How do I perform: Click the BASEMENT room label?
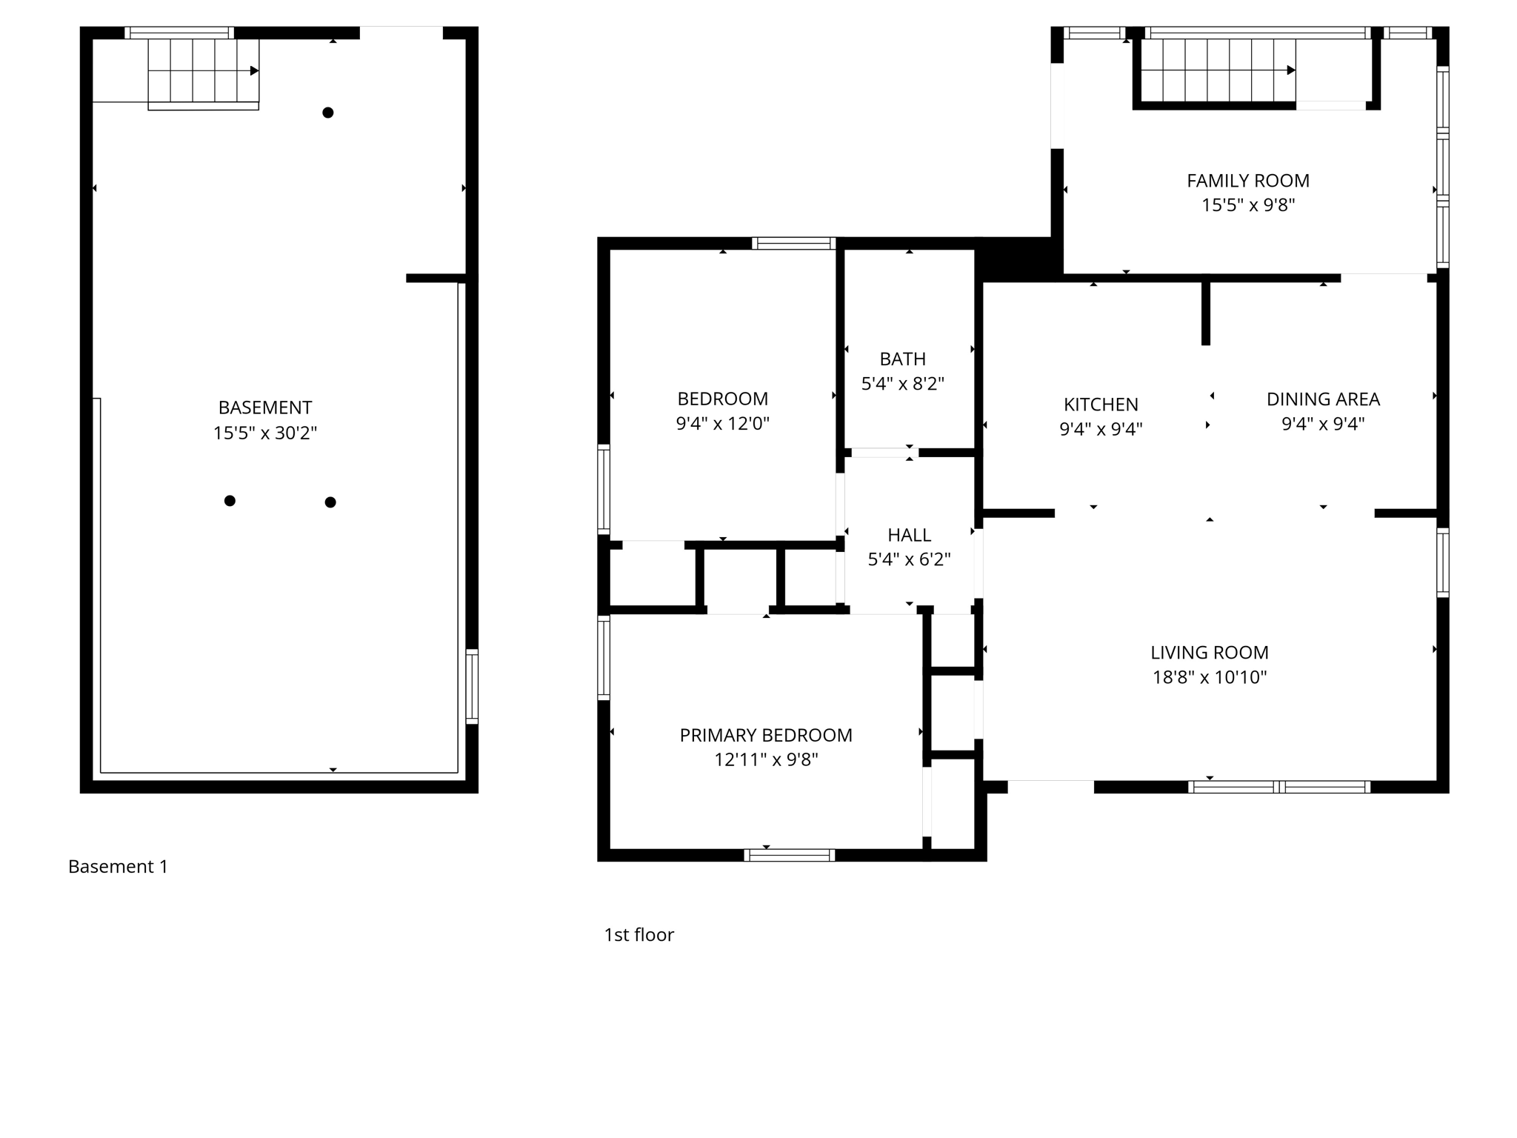tap(264, 407)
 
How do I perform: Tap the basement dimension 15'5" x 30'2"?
tap(264, 433)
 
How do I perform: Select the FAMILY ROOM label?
tap(1247, 181)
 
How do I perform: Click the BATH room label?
tap(902, 359)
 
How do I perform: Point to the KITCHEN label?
tap(1101, 405)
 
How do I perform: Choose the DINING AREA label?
tap(1323, 399)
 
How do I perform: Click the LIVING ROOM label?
tap(1209, 653)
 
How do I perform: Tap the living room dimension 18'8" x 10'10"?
tap(1209, 677)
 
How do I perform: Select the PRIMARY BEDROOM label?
tap(766, 735)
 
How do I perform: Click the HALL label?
tap(909, 535)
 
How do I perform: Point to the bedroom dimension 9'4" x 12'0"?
tap(722, 424)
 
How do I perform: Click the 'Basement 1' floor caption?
tap(118, 866)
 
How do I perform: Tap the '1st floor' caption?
tap(639, 935)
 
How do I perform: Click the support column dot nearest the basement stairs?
tap(327, 113)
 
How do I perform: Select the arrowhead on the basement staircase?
tap(254, 71)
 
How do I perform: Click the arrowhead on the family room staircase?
tap(1291, 70)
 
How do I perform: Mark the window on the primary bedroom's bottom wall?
tap(790, 855)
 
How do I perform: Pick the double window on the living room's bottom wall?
tap(1279, 787)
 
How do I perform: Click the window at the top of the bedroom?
tap(793, 243)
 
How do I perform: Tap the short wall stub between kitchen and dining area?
tap(1205, 311)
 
